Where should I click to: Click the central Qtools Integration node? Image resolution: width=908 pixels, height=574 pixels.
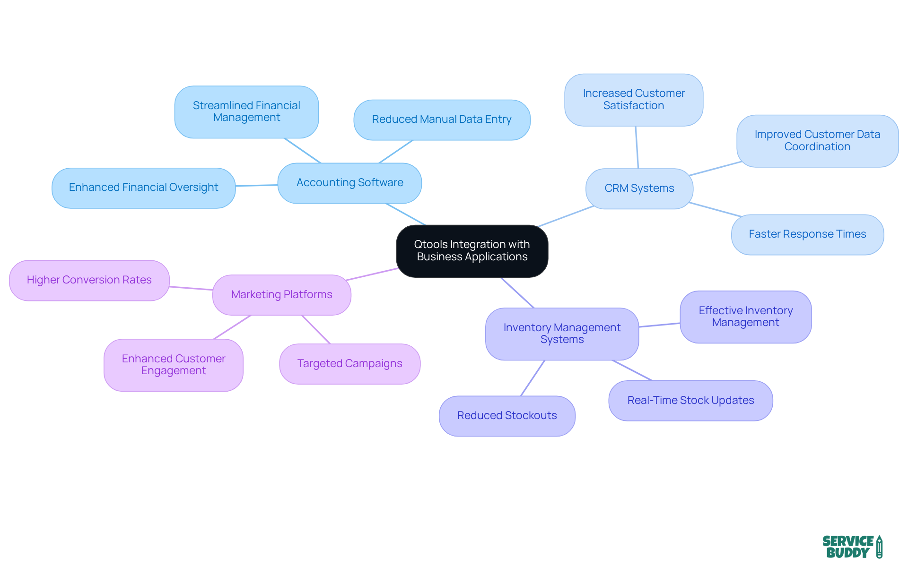(472, 251)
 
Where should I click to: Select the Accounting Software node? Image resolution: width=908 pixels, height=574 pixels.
(349, 183)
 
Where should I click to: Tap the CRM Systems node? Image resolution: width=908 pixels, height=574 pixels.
(639, 188)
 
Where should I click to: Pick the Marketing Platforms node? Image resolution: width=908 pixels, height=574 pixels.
(281, 295)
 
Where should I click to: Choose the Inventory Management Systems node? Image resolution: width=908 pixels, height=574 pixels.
(562, 334)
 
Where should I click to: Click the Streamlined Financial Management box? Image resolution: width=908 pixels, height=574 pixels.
(246, 111)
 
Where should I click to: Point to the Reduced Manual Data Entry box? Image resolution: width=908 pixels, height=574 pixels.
(442, 120)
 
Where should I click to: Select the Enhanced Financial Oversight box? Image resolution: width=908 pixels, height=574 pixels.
(143, 188)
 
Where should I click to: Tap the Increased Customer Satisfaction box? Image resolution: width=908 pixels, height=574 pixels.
(633, 100)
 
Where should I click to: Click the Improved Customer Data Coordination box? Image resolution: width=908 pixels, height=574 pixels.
(817, 141)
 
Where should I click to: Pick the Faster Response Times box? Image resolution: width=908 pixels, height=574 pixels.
(807, 234)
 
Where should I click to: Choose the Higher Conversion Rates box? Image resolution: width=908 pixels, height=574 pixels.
(89, 280)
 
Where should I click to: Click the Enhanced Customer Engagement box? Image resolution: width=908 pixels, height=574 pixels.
(174, 365)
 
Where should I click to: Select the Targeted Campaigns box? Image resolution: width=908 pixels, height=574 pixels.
(349, 364)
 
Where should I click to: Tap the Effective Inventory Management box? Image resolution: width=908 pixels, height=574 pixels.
(745, 317)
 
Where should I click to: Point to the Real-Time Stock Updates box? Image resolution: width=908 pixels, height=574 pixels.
(690, 401)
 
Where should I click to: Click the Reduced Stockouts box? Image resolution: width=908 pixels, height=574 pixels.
(507, 416)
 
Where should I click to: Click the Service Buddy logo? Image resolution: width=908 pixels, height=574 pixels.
(852, 547)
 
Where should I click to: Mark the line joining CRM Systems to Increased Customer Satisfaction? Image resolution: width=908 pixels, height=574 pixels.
(637, 147)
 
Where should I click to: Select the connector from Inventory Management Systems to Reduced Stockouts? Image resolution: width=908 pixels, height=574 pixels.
(533, 378)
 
